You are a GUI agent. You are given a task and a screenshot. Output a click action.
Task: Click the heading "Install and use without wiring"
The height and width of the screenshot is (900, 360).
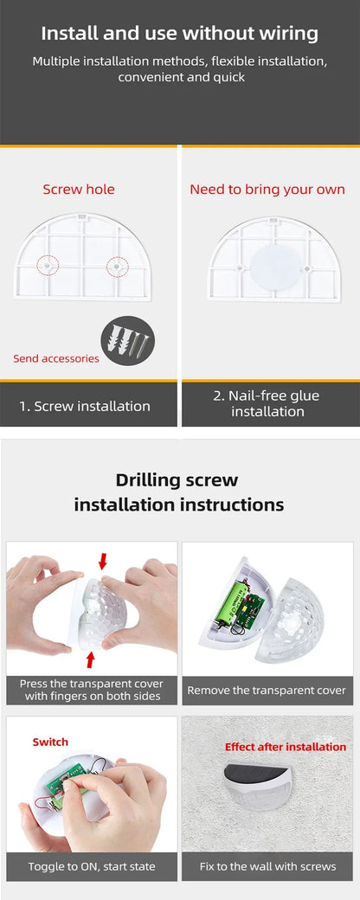[180, 34]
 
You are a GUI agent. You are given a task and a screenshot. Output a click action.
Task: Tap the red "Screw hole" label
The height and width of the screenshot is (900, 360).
[79, 190]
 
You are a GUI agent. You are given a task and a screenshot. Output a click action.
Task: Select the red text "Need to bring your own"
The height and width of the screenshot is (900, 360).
[267, 190]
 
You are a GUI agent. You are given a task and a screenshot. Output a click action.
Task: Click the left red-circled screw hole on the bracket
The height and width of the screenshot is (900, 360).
[47, 265]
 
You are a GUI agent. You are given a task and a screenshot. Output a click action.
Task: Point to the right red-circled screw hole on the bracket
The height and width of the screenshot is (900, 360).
[114, 266]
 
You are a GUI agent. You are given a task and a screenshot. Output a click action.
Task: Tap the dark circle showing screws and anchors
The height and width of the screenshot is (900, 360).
[127, 340]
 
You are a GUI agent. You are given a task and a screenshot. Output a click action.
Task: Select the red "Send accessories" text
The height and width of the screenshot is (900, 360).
[56, 358]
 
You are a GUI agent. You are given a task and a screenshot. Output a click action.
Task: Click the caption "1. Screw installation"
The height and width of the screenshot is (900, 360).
[85, 406]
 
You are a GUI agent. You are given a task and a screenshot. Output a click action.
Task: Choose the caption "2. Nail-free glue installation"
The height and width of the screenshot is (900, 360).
[267, 403]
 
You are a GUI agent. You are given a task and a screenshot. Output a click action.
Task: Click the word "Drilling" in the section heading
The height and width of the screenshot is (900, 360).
[148, 480]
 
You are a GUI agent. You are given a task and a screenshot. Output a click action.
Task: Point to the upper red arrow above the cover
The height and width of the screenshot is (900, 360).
[103, 562]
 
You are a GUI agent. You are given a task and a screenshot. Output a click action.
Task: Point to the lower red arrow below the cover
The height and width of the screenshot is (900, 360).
[90, 659]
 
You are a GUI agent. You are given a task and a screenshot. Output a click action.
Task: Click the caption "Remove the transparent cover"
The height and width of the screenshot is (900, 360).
[267, 690]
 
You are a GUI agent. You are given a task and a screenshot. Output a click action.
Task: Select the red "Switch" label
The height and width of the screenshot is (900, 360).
[50, 742]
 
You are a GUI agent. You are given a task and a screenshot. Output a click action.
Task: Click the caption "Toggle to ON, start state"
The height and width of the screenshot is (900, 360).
[91, 866]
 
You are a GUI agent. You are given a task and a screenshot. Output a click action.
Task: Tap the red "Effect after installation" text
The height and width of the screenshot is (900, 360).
[286, 747]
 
